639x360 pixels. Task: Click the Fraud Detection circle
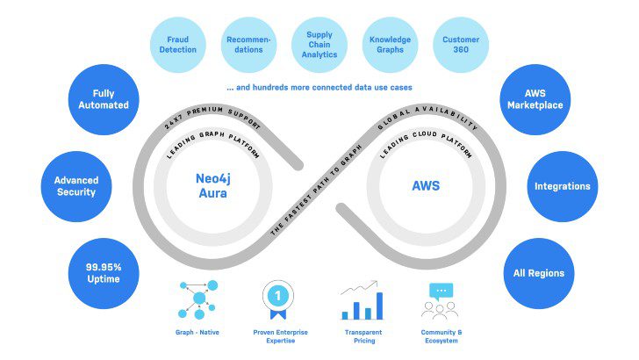click(177, 45)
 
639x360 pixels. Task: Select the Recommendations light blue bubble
click(248, 45)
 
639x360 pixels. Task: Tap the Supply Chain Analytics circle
click(319, 45)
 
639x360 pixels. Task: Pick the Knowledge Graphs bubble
click(390, 45)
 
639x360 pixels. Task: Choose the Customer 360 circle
click(461, 45)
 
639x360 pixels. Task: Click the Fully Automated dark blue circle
click(104, 99)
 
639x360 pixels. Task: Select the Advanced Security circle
click(76, 186)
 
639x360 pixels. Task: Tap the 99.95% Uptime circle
click(104, 273)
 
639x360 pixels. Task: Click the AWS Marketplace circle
click(535, 99)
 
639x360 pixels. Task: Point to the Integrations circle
click(563, 186)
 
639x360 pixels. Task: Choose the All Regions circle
click(539, 273)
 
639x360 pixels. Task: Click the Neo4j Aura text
click(212, 186)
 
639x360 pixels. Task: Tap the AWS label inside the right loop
click(426, 186)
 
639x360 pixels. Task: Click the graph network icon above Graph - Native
click(197, 299)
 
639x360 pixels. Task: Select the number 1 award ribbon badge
click(278, 299)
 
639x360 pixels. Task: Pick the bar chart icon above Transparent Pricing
click(363, 299)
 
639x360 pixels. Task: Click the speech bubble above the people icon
click(442, 292)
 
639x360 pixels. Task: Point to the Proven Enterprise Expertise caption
click(280, 336)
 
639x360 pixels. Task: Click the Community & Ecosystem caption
click(442, 336)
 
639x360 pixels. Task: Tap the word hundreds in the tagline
click(270, 87)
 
